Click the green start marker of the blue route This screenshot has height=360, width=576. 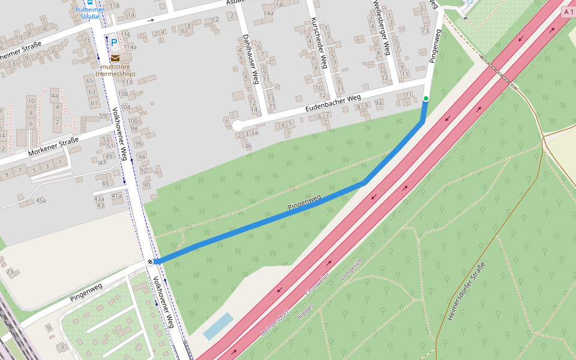tap(426, 98)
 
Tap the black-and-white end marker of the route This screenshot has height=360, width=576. tap(149, 261)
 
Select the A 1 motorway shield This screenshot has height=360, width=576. tap(568, 11)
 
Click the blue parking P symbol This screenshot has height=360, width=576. tap(114, 43)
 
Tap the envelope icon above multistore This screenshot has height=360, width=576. tap(115, 58)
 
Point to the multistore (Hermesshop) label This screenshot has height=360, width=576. tap(115, 70)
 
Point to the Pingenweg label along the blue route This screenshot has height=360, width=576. tap(304, 202)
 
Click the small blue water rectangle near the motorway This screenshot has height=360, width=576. tap(218, 326)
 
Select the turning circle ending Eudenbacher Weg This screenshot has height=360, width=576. tap(237, 125)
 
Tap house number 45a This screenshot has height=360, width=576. tap(41, 200)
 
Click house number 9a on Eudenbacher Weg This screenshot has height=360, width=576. tap(378, 103)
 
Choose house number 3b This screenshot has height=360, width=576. tap(248, 146)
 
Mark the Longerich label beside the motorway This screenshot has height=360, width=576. tap(352, 271)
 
